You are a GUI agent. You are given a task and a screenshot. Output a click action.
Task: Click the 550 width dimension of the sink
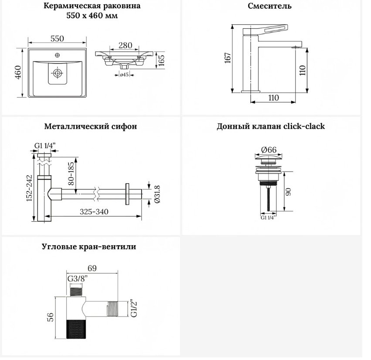[x=57, y=38]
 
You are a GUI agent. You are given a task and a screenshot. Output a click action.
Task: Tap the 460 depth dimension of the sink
[x=18, y=72]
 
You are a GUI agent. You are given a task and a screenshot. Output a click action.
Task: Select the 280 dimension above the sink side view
[x=125, y=45]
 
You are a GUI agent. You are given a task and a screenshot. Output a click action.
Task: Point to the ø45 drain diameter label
[x=124, y=75]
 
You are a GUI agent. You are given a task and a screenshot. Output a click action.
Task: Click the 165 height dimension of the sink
[x=161, y=60]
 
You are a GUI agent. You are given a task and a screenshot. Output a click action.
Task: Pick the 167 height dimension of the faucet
[x=228, y=58]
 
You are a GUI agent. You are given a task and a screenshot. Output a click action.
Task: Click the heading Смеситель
[x=269, y=6]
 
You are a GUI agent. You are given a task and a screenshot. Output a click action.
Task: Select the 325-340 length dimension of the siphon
[x=94, y=212]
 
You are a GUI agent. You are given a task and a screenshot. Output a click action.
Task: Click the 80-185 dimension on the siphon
[x=71, y=174]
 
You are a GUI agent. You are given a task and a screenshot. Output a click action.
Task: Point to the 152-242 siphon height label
[x=29, y=188]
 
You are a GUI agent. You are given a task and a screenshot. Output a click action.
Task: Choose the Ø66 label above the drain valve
[x=269, y=150]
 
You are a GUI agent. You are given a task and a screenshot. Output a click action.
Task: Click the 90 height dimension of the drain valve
[x=288, y=192]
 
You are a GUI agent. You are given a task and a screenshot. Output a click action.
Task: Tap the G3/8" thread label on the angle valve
[x=77, y=278]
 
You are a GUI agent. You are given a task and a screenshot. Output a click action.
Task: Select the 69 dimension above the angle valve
[x=92, y=268]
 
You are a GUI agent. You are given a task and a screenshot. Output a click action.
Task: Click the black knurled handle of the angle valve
[x=76, y=329]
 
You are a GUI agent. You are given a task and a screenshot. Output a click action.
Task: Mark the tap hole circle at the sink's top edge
[x=57, y=55]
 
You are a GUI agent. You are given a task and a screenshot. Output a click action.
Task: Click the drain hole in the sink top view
[x=57, y=73]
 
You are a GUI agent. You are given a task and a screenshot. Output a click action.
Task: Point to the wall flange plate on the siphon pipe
[x=127, y=194]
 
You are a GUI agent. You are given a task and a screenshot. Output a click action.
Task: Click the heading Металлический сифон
[x=91, y=126]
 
